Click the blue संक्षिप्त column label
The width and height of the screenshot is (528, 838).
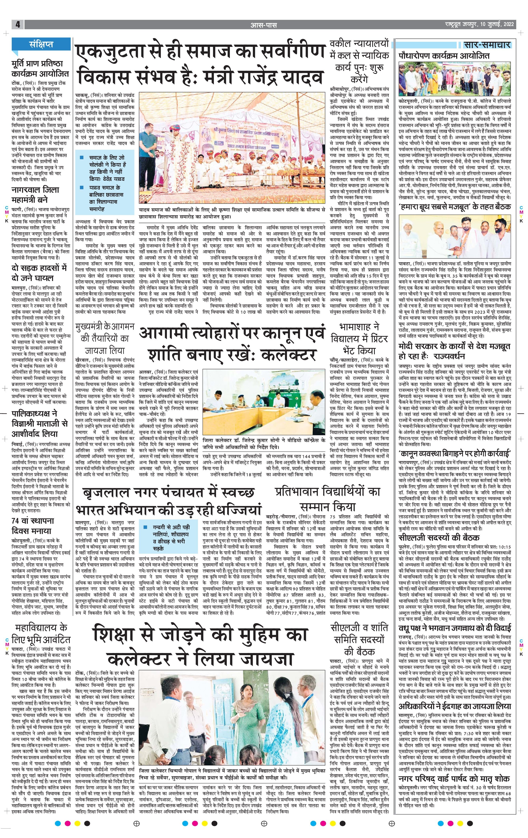(x=41, y=44)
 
